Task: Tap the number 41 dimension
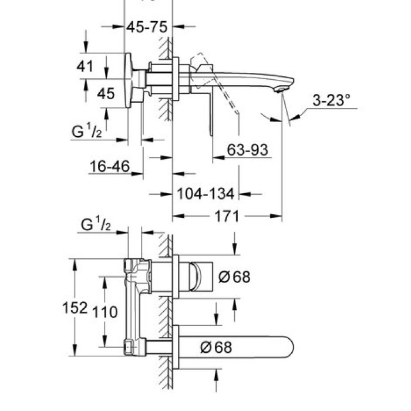(x=85, y=66)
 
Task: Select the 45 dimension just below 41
(x=106, y=93)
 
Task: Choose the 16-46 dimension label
(x=109, y=167)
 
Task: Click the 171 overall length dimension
(x=227, y=217)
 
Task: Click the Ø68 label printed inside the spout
(x=215, y=347)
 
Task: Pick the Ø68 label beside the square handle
(x=234, y=277)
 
